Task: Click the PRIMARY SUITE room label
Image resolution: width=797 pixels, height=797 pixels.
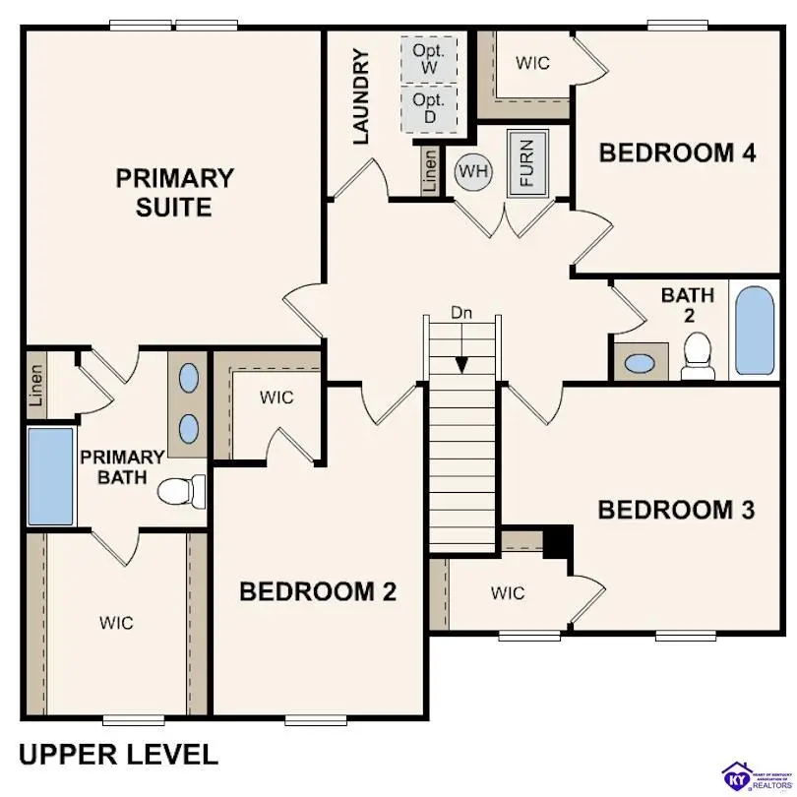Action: pyautogui.click(x=175, y=193)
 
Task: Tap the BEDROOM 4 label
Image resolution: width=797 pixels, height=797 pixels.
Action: pyautogui.click(x=677, y=153)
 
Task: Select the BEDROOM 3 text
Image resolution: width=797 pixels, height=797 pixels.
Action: pyautogui.click(x=676, y=510)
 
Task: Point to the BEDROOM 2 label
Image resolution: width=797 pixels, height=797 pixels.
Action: pyautogui.click(x=318, y=591)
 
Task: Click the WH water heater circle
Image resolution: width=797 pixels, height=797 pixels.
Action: pyautogui.click(x=472, y=172)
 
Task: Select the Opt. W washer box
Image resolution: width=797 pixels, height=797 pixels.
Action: pyautogui.click(x=429, y=58)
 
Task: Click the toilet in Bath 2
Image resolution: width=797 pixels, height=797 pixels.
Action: pyautogui.click(x=698, y=356)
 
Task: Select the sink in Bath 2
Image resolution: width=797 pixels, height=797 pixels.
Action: pyautogui.click(x=640, y=363)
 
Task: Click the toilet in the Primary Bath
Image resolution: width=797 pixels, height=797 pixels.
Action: pyautogui.click(x=183, y=488)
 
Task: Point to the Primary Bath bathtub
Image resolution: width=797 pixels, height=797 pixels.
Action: pyautogui.click(x=50, y=476)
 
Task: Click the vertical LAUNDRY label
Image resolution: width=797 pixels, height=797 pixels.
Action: pyautogui.click(x=361, y=96)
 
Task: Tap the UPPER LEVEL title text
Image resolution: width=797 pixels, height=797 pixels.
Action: pyautogui.click(x=118, y=755)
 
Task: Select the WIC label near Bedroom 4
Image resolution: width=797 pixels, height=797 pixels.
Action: pyautogui.click(x=532, y=63)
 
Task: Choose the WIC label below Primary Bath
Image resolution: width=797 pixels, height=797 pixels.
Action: pyautogui.click(x=116, y=623)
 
